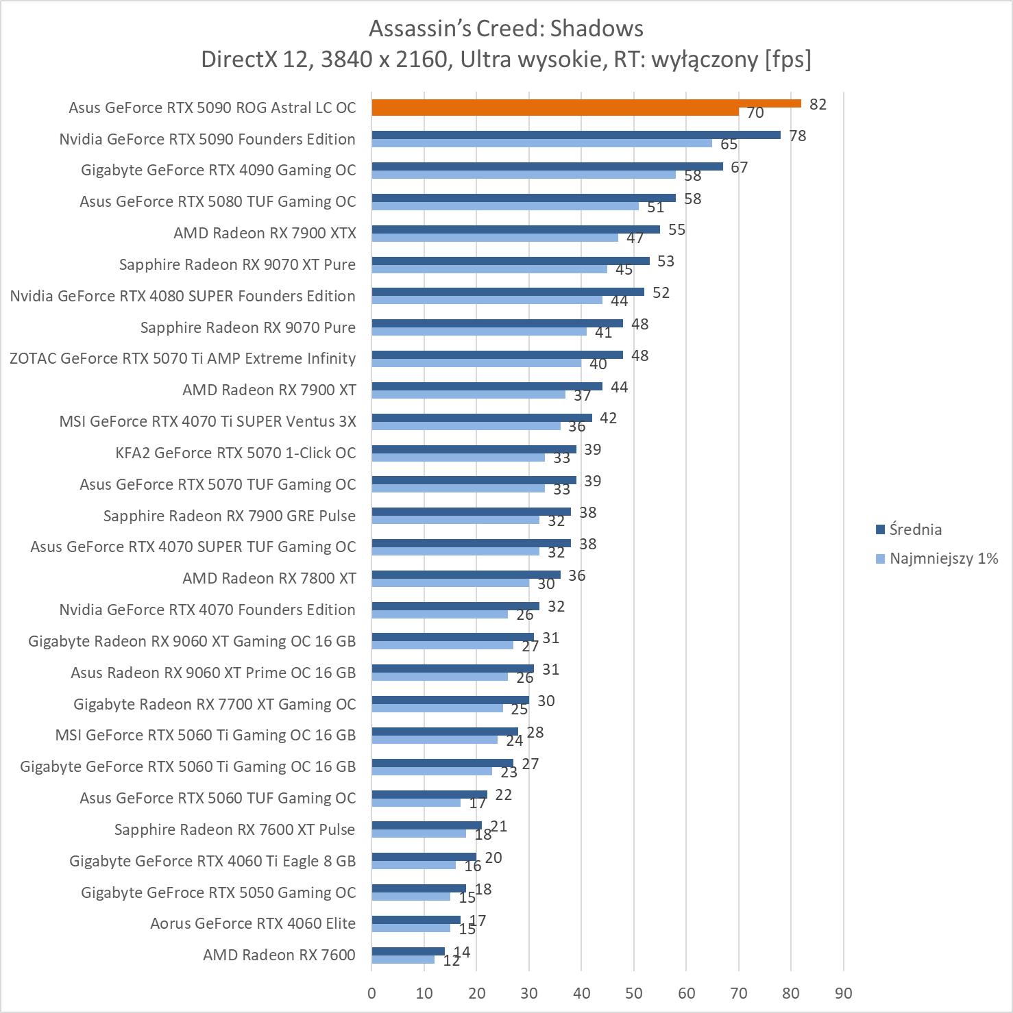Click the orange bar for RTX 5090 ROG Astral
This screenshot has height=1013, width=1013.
pos(586,104)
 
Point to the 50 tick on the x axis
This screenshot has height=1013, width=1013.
pos(634,993)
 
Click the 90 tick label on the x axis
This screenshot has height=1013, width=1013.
pos(844,993)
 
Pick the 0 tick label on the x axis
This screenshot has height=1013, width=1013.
pos(371,993)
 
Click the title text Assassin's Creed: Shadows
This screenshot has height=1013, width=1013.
pos(506,29)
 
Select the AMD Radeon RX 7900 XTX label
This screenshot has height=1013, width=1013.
pos(265,233)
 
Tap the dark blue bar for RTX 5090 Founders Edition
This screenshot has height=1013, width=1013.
pos(576,135)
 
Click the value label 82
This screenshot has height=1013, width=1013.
pos(818,104)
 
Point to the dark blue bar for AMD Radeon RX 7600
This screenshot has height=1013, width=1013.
pos(408,951)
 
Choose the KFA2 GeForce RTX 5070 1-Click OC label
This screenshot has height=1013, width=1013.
pos(236,453)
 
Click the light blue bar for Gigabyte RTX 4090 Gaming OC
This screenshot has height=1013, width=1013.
pos(524,175)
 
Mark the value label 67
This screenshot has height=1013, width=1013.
pos(739,167)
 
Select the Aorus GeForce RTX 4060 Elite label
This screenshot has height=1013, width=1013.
pos(253,923)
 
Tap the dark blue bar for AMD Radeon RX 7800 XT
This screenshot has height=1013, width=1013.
pos(466,575)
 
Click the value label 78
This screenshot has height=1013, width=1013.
pos(797,136)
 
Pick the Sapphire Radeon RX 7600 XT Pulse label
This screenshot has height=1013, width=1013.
pos(234,829)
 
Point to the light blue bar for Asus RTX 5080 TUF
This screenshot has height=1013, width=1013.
pos(505,206)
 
